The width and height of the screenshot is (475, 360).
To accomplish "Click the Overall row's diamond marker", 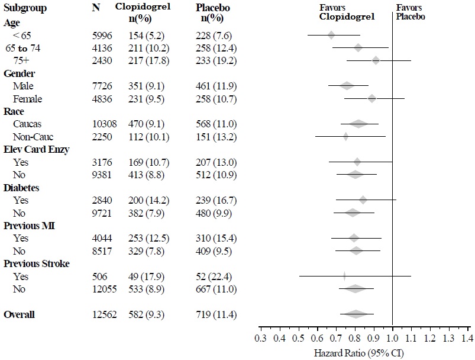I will coord(356,314).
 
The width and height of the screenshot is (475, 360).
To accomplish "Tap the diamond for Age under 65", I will coord(331,35).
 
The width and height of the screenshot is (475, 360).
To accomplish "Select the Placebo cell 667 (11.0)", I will coord(215,289).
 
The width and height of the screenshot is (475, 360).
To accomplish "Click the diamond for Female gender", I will coord(371,98).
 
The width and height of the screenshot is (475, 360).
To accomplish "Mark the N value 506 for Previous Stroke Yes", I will coord(101,277).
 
